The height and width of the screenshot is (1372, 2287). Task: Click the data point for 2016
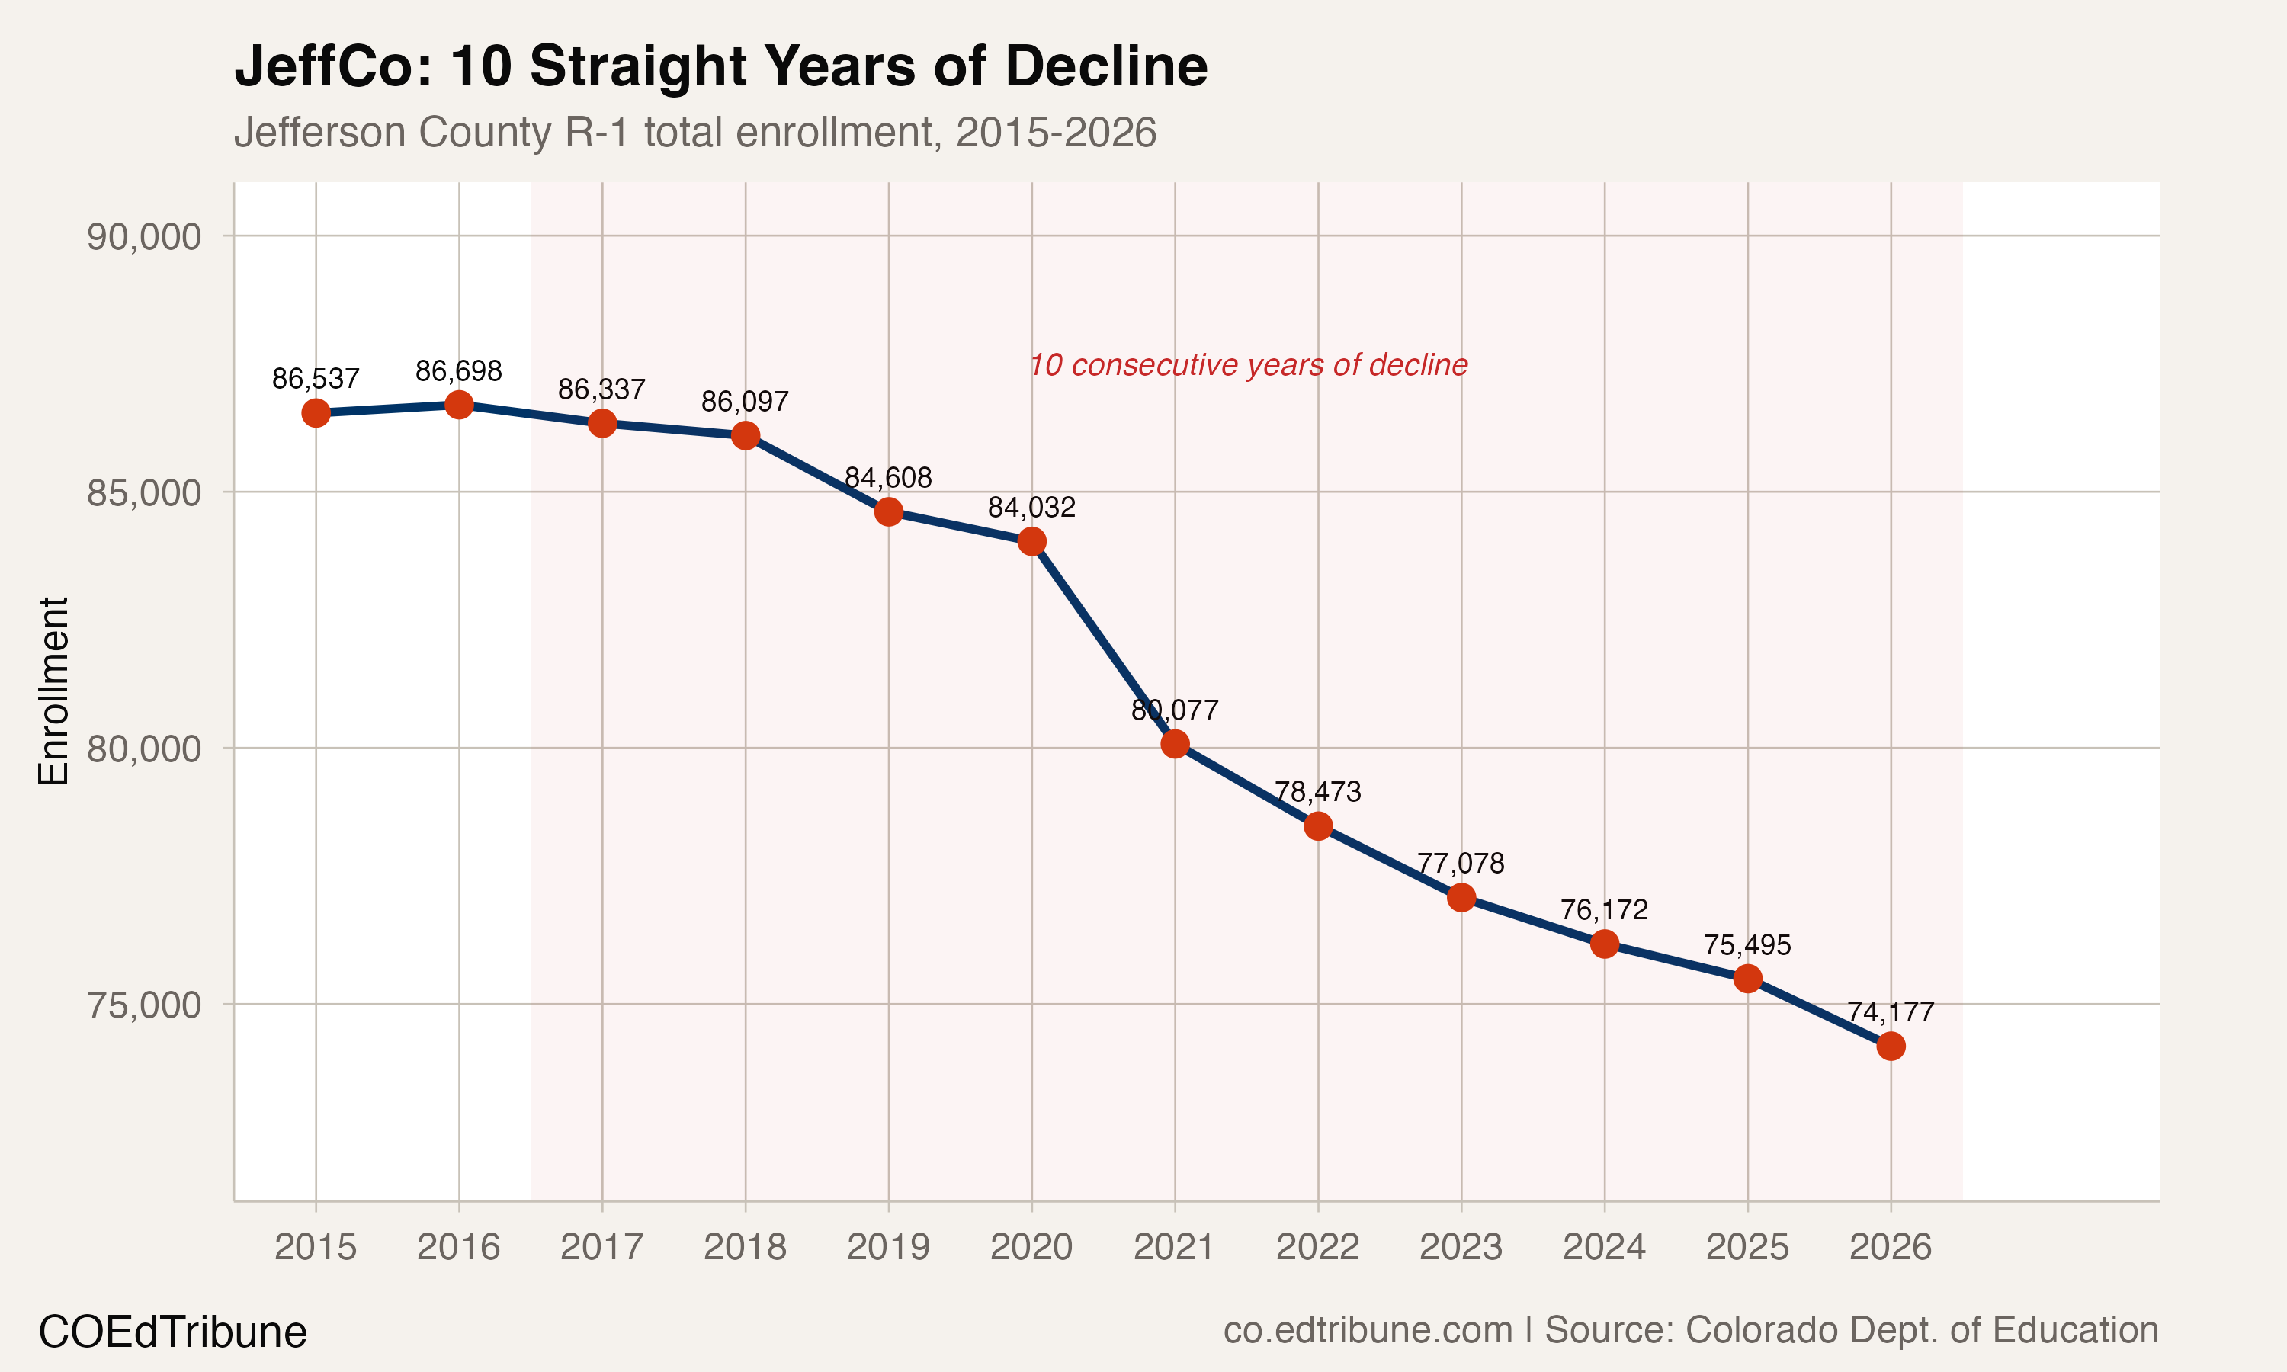pyautogui.click(x=458, y=405)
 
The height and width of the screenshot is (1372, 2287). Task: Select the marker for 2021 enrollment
pyautogui.click(x=1175, y=743)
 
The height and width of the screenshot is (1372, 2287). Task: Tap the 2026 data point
pyautogui.click(x=1891, y=1046)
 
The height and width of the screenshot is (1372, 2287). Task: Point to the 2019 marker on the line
pyautogui.click(x=888, y=511)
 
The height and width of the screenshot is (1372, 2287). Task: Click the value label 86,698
pyautogui.click(x=458, y=372)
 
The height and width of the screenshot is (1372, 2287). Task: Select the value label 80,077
pyautogui.click(x=1175, y=710)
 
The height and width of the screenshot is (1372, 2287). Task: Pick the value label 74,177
pyautogui.click(x=1891, y=1012)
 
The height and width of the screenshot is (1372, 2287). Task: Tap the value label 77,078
pyautogui.click(x=1461, y=864)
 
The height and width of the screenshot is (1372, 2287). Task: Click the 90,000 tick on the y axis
pyautogui.click(x=143, y=237)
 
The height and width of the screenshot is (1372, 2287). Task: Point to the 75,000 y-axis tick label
pyautogui.click(x=143, y=1004)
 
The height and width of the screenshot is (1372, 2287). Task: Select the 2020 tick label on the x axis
pyautogui.click(x=1031, y=1247)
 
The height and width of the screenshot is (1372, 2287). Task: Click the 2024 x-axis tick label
pyautogui.click(x=1604, y=1247)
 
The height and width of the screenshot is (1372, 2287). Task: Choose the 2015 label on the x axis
pyautogui.click(x=316, y=1247)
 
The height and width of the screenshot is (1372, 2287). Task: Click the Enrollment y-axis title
pyautogui.click(x=53, y=691)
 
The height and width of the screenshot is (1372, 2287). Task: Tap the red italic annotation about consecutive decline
pyautogui.click(x=1248, y=365)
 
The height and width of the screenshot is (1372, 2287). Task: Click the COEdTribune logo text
pyautogui.click(x=172, y=1332)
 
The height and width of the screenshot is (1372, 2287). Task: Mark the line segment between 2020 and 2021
pyautogui.click(x=1104, y=643)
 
